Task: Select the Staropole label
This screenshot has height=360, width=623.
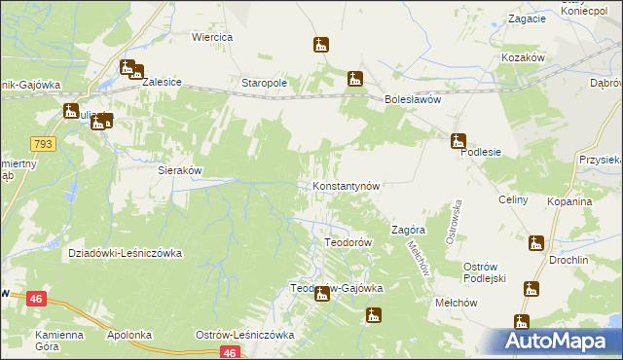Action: [x=264, y=84]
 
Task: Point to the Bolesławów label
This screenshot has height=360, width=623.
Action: [x=414, y=99]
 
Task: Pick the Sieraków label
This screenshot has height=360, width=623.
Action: [x=180, y=169]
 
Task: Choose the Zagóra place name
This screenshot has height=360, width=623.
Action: [x=409, y=231]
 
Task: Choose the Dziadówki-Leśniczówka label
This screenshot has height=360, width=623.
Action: [x=126, y=253]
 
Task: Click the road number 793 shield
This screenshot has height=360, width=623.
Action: [x=44, y=143]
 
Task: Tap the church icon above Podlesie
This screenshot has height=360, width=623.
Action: [x=458, y=140]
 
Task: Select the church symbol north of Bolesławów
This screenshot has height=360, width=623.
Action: [x=355, y=79]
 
